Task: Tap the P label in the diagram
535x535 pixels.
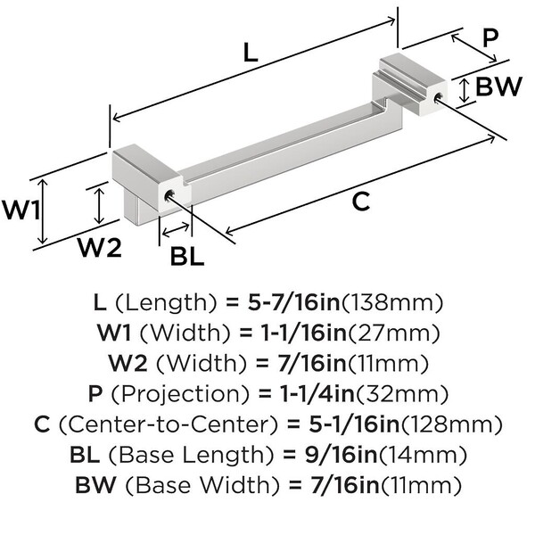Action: (489, 37)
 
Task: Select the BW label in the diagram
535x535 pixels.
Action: (498, 87)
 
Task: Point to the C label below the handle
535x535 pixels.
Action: (359, 202)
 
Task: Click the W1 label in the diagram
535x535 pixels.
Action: (20, 212)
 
